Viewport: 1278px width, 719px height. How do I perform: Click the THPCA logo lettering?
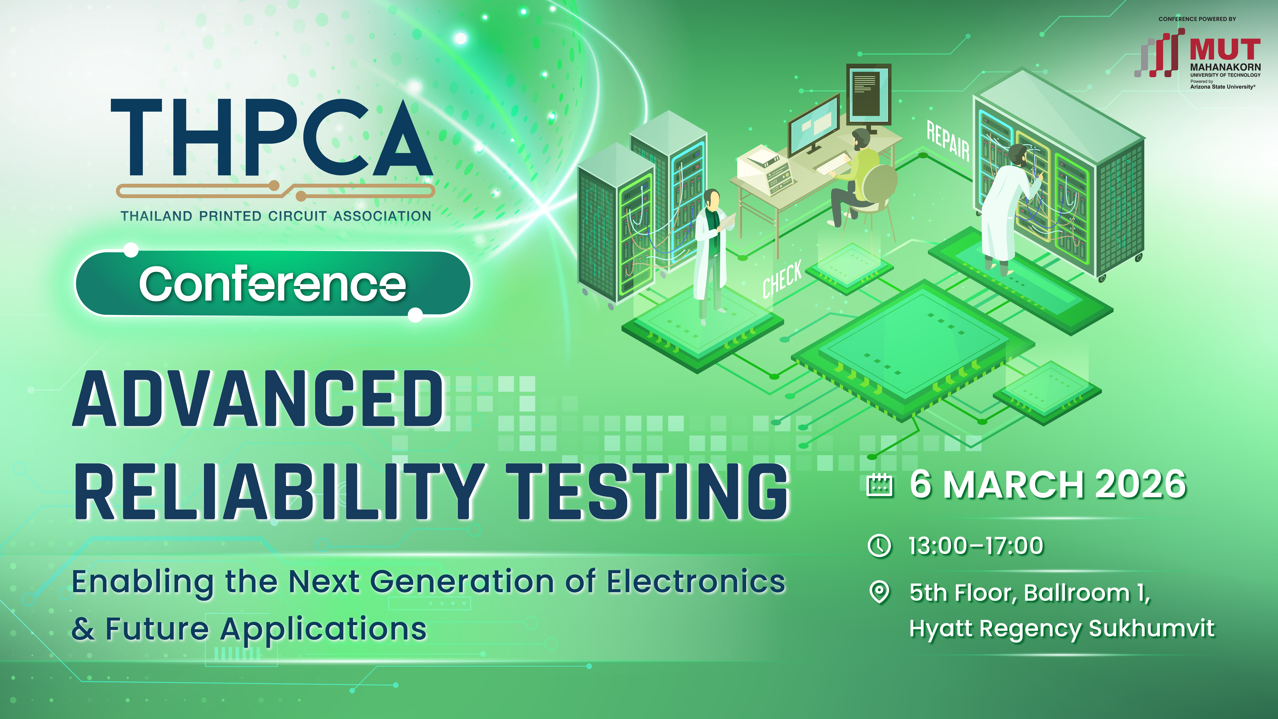coord(272,137)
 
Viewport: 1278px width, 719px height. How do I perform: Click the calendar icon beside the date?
coord(879,485)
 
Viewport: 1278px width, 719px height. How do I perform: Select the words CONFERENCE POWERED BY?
coord(1197,19)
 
